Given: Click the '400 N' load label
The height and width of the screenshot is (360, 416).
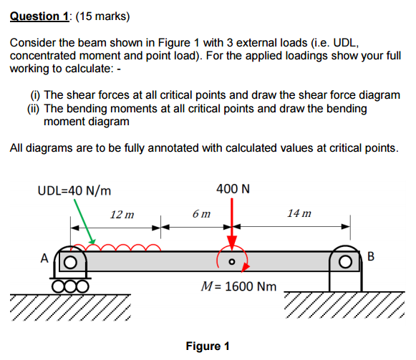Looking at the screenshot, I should (232, 190).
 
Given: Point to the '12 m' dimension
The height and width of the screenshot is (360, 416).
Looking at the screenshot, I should (122, 214).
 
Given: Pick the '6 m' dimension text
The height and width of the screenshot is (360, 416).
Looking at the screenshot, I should (202, 214).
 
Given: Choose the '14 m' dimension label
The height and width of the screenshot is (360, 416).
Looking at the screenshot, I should (299, 214).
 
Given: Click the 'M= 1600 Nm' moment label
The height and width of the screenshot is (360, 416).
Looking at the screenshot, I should (239, 286).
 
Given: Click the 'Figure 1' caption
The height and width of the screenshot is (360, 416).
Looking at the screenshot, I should (207, 346).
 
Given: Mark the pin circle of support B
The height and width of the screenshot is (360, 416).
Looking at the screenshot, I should (345, 261).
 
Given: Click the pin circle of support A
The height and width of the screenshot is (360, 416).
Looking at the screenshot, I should (72, 262).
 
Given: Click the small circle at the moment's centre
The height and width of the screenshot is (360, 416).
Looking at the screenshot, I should (231, 262).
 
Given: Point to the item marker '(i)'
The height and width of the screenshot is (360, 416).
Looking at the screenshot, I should (34, 94).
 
